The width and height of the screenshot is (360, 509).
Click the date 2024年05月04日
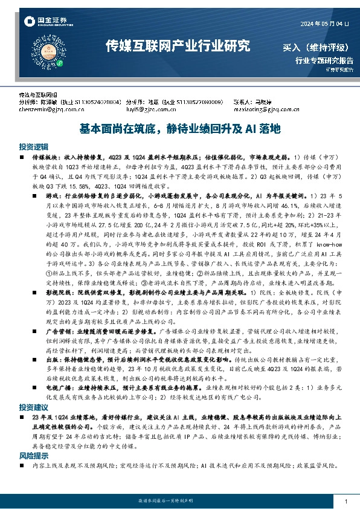pyautogui.click(x=325, y=24)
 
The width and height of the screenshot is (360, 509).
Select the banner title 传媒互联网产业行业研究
pyautogui.click(x=177, y=45)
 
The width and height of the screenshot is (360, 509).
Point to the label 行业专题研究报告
pyautogui.click(x=324, y=60)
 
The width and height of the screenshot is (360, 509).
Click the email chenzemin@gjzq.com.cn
pyautogui.click(x=52, y=110)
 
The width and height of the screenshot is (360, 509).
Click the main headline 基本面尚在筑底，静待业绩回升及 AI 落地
pyautogui.click(x=179, y=129)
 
